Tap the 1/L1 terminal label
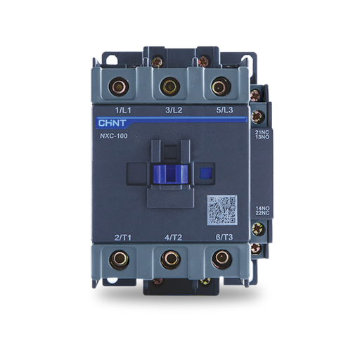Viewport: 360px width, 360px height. click(124, 110)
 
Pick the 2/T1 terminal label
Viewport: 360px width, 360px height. click(124, 238)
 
